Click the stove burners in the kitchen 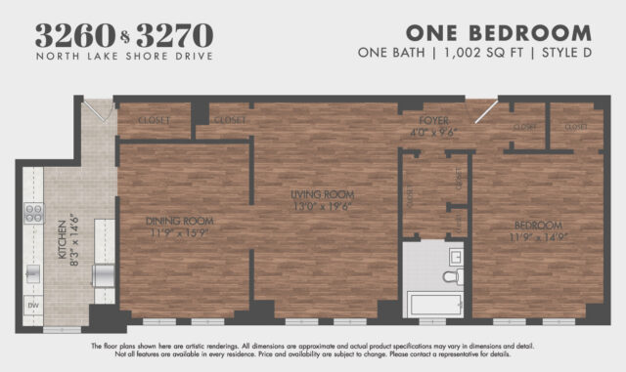pos(33,213)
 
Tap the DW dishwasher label pos(32,305)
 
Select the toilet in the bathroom pos(451,278)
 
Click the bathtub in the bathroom pos(434,303)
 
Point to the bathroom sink pos(456,257)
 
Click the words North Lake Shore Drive pos(124,57)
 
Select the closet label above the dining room pos(155,120)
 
